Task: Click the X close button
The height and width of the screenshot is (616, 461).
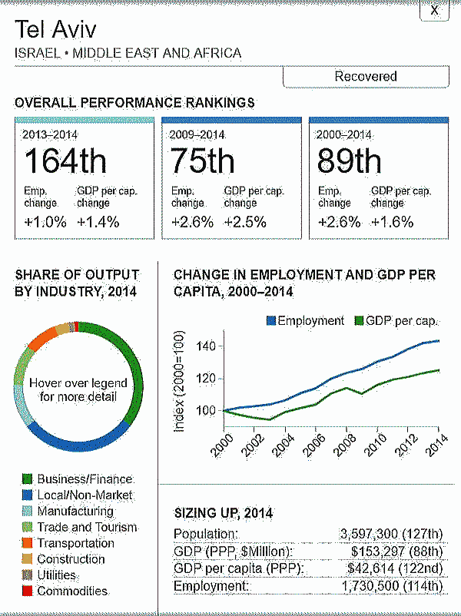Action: pos(434,10)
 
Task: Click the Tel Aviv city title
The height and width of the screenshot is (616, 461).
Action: pos(55,30)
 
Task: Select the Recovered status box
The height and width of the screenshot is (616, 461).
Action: pos(366,76)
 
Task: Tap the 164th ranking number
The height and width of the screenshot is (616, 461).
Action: pos(65,162)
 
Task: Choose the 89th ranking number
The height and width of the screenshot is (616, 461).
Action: pos(349,162)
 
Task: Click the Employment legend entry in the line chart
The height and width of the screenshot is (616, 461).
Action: pos(305,321)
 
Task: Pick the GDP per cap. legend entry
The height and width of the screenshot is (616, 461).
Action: pos(394,321)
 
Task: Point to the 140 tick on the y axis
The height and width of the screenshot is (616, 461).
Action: pos(205,346)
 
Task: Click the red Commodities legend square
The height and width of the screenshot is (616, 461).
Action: pos(27,591)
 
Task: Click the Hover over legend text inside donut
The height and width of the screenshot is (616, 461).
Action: pos(78,390)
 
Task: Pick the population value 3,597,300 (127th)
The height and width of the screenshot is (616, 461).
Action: pos(391,534)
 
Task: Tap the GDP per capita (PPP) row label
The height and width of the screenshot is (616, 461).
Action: pos(237,568)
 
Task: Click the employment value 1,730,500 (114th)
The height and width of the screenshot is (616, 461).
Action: pos(391,586)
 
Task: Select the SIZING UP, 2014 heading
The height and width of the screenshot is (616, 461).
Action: pos(224,513)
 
